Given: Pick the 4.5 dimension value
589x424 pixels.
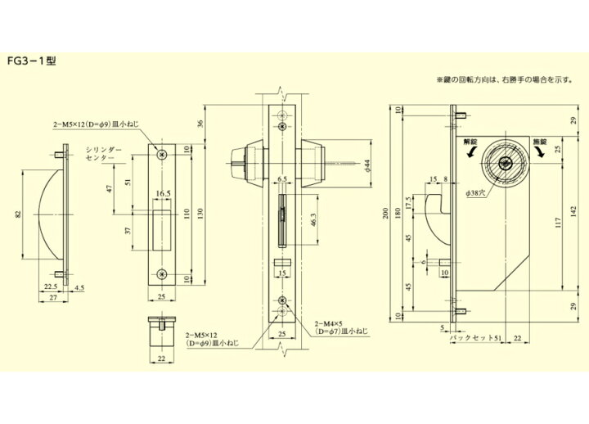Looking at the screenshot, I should pyautogui.click(x=79, y=286).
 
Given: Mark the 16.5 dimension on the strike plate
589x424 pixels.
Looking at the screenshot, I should pyautogui.click(x=161, y=195).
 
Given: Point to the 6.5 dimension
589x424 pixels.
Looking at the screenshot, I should pyautogui.click(x=281, y=178).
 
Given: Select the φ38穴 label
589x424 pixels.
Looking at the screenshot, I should pyautogui.click(x=475, y=192).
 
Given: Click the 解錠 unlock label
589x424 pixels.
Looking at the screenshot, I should pyautogui.click(x=470, y=140).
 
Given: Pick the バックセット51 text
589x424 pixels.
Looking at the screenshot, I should pyautogui.click(x=477, y=336).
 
